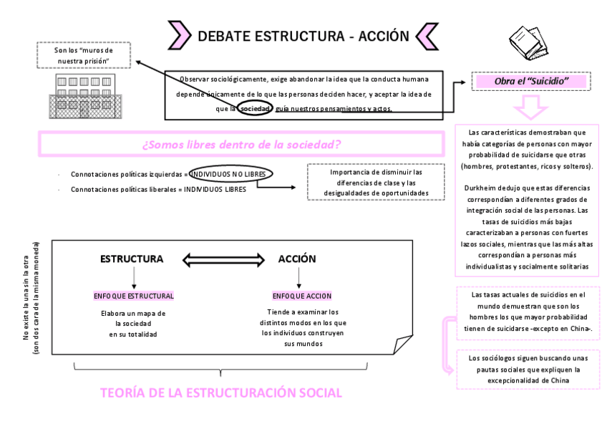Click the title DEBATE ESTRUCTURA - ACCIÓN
(x=303, y=37)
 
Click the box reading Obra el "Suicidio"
(x=530, y=82)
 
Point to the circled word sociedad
(x=255, y=108)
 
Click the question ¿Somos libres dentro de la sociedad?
(x=241, y=145)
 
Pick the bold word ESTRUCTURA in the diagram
(x=132, y=259)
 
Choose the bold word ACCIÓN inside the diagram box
(x=297, y=259)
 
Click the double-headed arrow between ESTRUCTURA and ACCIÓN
(x=215, y=259)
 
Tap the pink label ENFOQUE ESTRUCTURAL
(x=134, y=296)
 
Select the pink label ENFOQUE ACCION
(x=303, y=296)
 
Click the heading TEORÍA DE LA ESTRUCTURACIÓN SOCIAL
(x=221, y=392)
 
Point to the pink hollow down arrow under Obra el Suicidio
(x=530, y=108)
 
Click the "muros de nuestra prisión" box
(x=83, y=55)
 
